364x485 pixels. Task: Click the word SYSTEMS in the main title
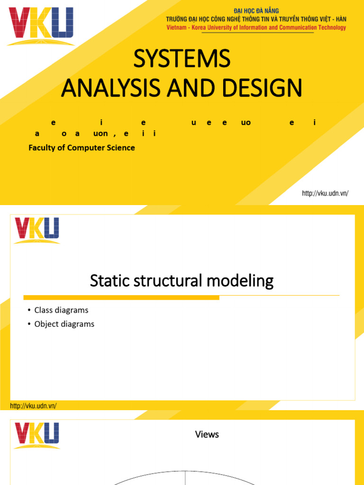[x=182, y=59]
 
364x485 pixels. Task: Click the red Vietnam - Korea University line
[x=256, y=27]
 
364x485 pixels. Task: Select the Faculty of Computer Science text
[x=82, y=148]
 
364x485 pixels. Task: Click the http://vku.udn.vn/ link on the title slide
[x=325, y=193]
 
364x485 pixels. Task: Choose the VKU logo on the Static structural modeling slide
[x=37, y=230]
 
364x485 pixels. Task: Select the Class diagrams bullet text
[x=61, y=310]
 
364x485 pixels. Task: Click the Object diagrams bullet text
[x=64, y=324]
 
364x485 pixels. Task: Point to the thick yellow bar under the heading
[x=115, y=297]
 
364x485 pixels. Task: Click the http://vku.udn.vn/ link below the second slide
[x=34, y=406]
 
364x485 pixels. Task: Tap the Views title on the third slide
[x=207, y=434]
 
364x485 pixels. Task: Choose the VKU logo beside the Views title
[x=37, y=435]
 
